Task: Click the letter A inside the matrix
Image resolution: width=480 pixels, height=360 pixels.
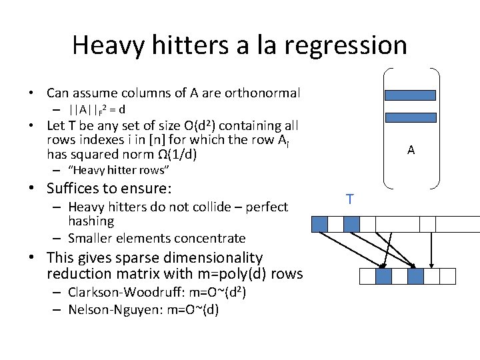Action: tap(411, 151)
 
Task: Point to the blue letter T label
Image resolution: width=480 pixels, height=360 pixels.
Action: tap(350, 199)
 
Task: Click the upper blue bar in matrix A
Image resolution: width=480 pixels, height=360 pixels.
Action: tap(410, 95)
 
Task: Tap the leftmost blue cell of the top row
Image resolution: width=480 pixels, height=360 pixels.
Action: tap(320, 224)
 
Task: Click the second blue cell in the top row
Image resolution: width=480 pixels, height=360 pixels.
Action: tap(351, 224)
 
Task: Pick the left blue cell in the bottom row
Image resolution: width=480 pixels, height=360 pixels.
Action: tap(383, 275)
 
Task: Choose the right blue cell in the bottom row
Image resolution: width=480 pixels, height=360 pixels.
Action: tap(415, 275)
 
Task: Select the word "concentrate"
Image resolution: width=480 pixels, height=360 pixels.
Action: tap(213, 238)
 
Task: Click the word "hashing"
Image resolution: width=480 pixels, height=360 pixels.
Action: tap(91, 221)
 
